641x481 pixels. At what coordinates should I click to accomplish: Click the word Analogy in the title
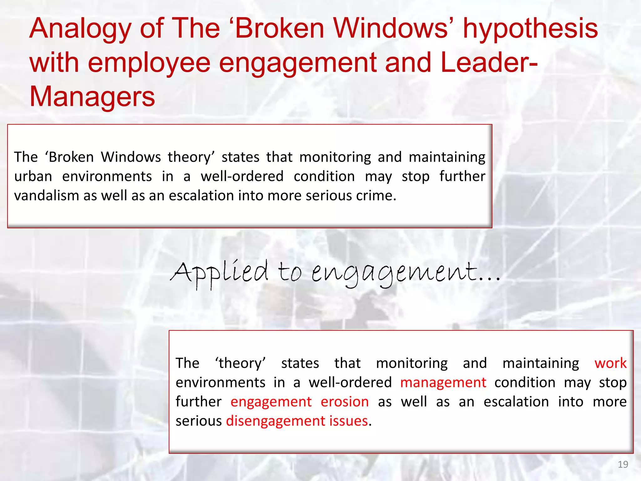(80, 29)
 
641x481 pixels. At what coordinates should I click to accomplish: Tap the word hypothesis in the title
(530, 29)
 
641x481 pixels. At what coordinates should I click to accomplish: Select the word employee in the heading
(149, 63)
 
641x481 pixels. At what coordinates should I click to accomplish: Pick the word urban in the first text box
(33, 176)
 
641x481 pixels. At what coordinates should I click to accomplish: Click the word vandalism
(47, 196)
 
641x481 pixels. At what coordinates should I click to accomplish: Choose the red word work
(610, 363)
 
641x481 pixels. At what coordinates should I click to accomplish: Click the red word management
(443, 383)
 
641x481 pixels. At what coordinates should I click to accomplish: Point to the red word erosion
(345, 402)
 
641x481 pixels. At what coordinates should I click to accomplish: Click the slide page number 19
(623, 464)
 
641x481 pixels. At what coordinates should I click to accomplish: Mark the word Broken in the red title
(279, 29)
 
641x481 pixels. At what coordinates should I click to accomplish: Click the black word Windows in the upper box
(131, 157)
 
